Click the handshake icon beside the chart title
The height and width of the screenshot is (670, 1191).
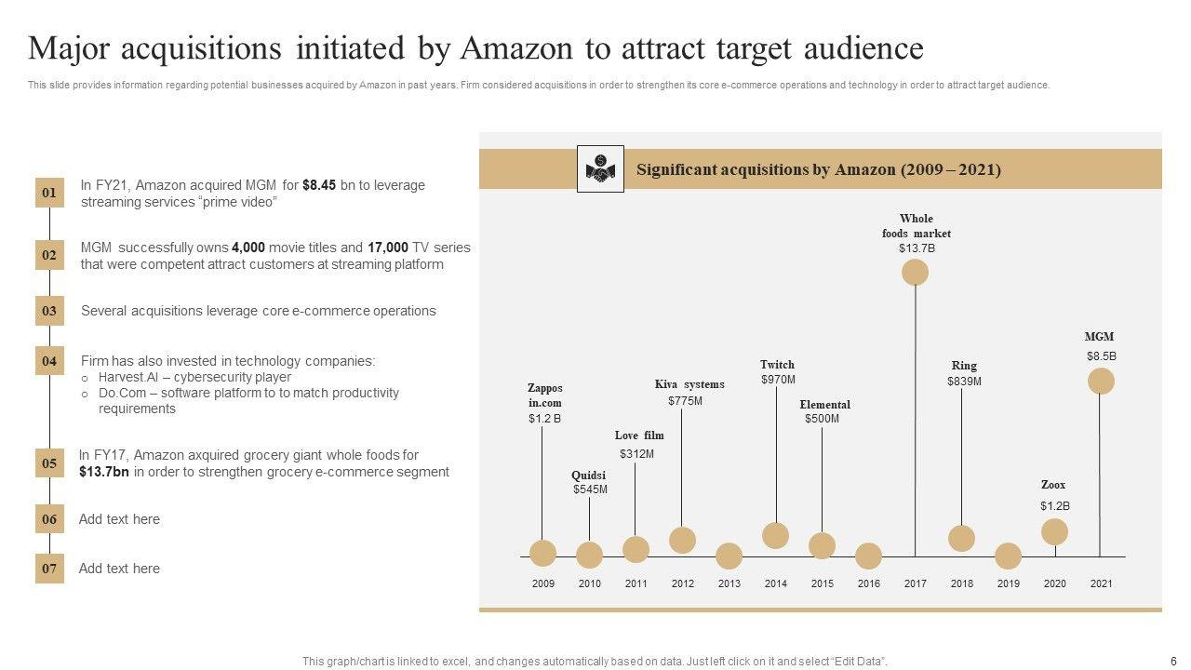[x=600, y=168]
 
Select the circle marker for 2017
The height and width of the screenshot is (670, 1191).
[x=915, y=272]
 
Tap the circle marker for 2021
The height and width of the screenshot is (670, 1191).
[x=1101, y=382]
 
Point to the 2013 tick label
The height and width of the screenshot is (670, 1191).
[x=729, y=583]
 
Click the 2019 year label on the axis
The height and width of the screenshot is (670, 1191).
[x=1008, y=583]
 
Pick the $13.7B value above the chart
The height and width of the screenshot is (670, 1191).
[x=917, y=248]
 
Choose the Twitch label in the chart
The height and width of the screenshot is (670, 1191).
[x=777, y=365]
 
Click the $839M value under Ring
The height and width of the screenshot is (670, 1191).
[x=964, y=382]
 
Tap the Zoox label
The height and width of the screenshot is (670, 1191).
[x=1053, y=485]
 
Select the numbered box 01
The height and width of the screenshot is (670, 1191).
[x=49, y=193]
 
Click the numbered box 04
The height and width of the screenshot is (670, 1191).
[x=49, y=361]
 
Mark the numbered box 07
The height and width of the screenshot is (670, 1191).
[x=49, y=569]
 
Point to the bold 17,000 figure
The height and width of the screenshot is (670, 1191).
[x=388, y=248]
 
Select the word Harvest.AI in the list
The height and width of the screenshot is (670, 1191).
[x=128, y=377]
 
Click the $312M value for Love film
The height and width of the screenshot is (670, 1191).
[x=637, y=454]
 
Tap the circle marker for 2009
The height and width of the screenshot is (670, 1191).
[x=542, y=554]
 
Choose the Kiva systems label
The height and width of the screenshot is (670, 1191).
[x=689, y=384]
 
